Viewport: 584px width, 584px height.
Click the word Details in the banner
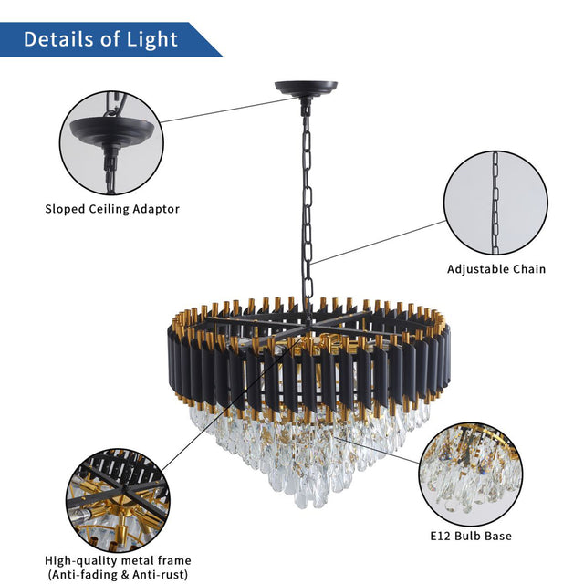pos(62,39)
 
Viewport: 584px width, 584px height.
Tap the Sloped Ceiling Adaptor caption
pos(112,209)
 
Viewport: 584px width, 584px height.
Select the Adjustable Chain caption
pos(496,269)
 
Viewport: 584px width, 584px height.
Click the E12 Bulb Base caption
pos(472,536)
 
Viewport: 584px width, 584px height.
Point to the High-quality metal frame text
pos(119,560)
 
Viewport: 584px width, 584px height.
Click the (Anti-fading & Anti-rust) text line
pos(119,576)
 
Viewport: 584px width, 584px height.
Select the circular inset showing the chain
pos(496,203)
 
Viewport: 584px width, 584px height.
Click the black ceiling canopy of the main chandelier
pos(306,89)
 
